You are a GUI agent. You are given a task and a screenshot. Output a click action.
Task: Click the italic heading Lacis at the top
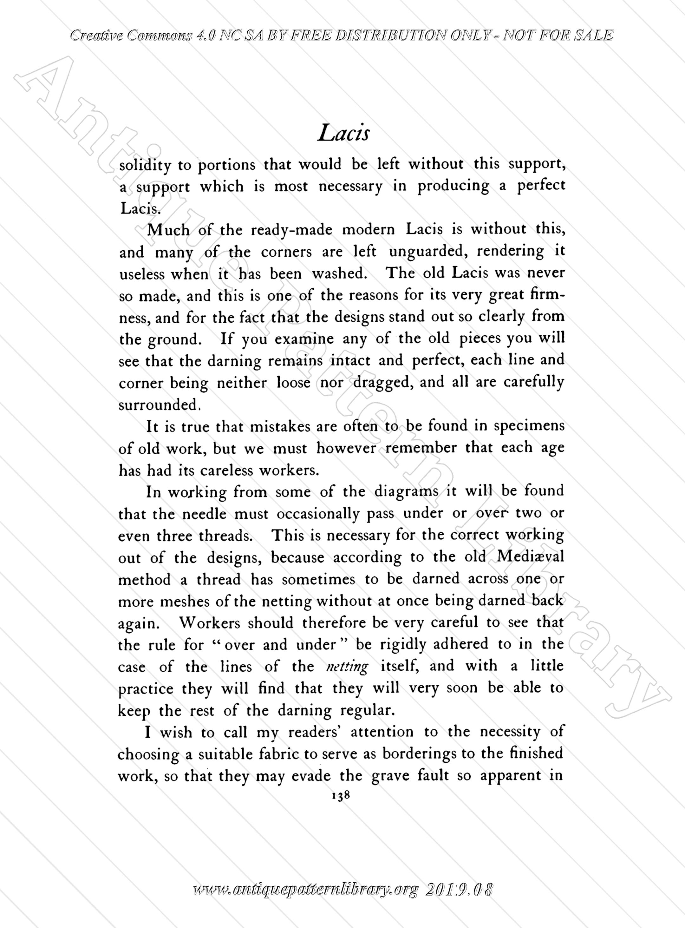[343, 134]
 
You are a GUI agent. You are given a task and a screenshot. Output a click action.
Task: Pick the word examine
[304, 339]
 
